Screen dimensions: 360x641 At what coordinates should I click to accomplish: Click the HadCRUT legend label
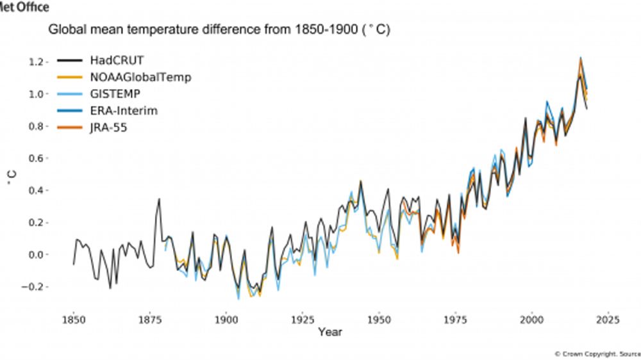coord(117,61)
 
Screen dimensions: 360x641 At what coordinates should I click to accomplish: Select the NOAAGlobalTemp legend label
coord(140,78)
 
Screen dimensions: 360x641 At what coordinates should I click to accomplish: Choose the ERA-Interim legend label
coord(124,111)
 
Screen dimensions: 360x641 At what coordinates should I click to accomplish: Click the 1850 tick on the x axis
coord(74,319)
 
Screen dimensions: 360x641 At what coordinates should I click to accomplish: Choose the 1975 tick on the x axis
coord(455,319)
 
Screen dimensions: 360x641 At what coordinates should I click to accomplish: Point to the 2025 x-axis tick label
coord(607,319)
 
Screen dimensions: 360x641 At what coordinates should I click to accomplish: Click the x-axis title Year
coord(329,332)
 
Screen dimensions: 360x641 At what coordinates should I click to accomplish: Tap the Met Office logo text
coord(24,7)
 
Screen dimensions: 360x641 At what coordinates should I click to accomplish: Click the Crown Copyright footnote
coord(597,353)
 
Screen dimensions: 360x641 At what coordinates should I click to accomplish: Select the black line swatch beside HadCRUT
coord(69,61)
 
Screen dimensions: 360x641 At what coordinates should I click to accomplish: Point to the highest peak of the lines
coord(580,58)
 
